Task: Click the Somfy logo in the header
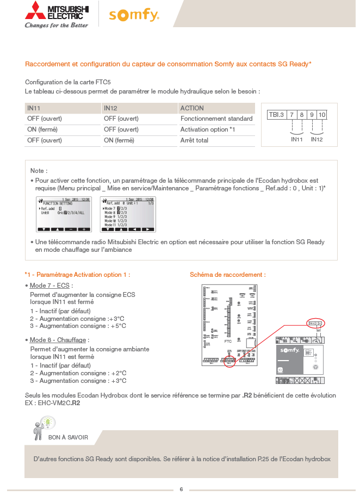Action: click(134, 15)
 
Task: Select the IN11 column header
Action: click(34, 108)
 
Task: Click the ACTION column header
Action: click(192, 108)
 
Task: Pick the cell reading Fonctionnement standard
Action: click(216, 119)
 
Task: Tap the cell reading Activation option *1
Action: click(208, 129)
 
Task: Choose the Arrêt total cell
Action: click(194, 140)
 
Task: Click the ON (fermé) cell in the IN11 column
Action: click(42, 129)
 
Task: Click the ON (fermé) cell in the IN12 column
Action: click(119, 140)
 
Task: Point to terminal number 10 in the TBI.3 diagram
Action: click(322, 115)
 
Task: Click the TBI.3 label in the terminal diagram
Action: click(276, 115)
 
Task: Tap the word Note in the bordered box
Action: click(39, 171)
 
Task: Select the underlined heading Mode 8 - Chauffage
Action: click(59, 340)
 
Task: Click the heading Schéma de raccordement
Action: click(227, 275)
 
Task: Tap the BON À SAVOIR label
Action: click(68, 437)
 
